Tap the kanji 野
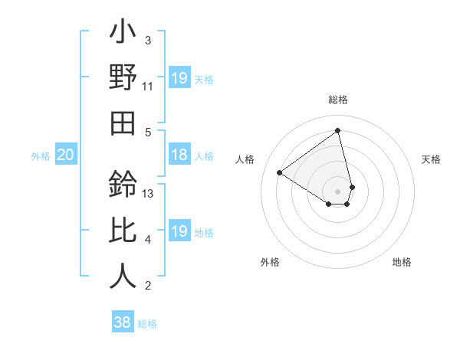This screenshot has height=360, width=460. (x=123, y=79)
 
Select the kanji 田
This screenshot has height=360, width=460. (x=123, y=123)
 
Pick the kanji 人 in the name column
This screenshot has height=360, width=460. (x=123, y=276)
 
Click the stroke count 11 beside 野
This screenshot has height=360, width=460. (x=148, y=87)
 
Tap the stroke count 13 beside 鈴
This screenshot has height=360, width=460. (x=148, y=194)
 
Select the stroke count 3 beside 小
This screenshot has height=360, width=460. (x=148, y=41)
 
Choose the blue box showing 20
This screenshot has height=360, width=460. (x=65, y=155)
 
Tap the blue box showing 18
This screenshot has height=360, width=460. (x=179, y=155)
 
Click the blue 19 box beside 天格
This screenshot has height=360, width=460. (x=179, y=78)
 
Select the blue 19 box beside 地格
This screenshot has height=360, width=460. (x=179, y=231)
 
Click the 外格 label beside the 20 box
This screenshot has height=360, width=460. (x=41, y=156)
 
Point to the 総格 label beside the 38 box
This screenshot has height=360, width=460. (x=147, y=324)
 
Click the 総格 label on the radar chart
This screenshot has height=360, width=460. (x=338, y=100)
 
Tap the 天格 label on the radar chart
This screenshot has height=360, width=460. (x=431, y=159)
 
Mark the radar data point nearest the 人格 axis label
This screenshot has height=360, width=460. (x=280, y=172)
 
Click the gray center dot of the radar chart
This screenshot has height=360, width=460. (x=338, y=190)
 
